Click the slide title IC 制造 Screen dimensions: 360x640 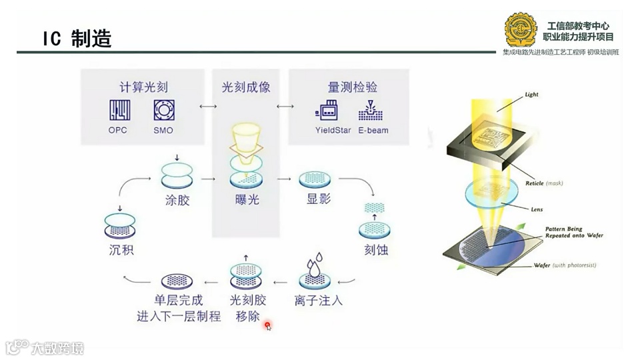[x=77, y=39]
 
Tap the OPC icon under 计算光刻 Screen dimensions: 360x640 [x=118, y=109]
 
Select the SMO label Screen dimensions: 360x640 [x=163, y=130]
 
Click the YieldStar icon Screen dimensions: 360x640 [x=328, y=110]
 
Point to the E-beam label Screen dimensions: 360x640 [x=373, y=130]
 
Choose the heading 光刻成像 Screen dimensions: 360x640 [x=245, y=87]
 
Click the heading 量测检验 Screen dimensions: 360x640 [x=353, y=87]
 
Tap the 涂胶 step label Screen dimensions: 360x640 [x=177, y=199]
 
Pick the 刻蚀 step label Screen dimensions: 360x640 [x=376, y=251]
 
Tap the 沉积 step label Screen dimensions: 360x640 [x=121, y=251]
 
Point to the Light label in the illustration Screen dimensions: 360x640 [x=531, y=95]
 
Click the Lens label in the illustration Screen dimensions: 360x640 [x=537, y=209]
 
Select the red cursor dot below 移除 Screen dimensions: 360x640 [x=267, y=325]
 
